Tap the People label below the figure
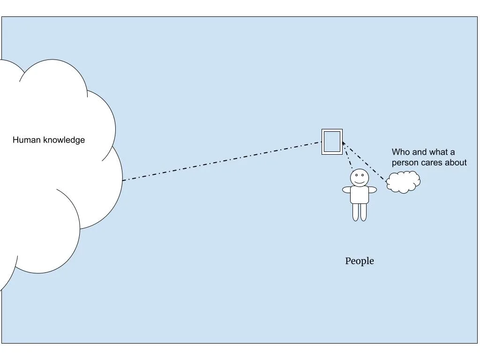coord(360,261)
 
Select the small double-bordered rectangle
coord(332,142)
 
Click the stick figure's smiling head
coord(360,177)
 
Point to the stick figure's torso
coord(360,195)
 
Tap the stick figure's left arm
coord(346,190)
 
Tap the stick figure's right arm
coord(373,190)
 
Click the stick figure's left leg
coord(356,212)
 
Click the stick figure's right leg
coord(363,212)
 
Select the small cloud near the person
coord(403,182)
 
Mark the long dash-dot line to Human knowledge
coord(220,161)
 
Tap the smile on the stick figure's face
coord(360,181)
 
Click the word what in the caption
coord(440,152)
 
